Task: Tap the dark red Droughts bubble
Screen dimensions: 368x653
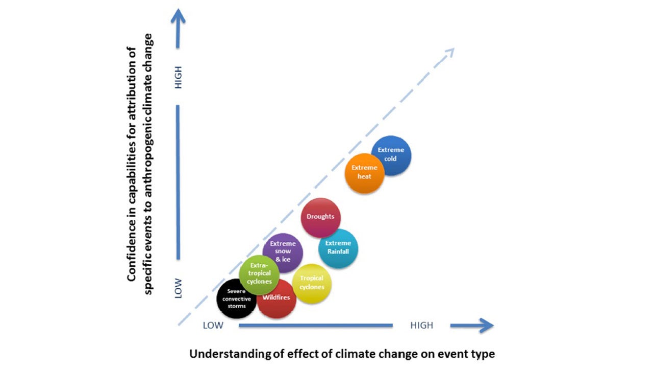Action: point(320,217)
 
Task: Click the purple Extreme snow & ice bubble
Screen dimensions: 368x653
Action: point(283,251)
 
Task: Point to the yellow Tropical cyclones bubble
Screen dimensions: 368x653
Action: point(312,284)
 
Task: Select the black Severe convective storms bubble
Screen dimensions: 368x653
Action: point(236,299)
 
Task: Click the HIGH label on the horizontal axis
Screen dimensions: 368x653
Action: point(421,325)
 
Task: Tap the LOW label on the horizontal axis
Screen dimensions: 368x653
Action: point(213,325)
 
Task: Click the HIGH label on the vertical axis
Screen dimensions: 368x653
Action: point(178,77)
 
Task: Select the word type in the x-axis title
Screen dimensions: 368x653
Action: point(484,354)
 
